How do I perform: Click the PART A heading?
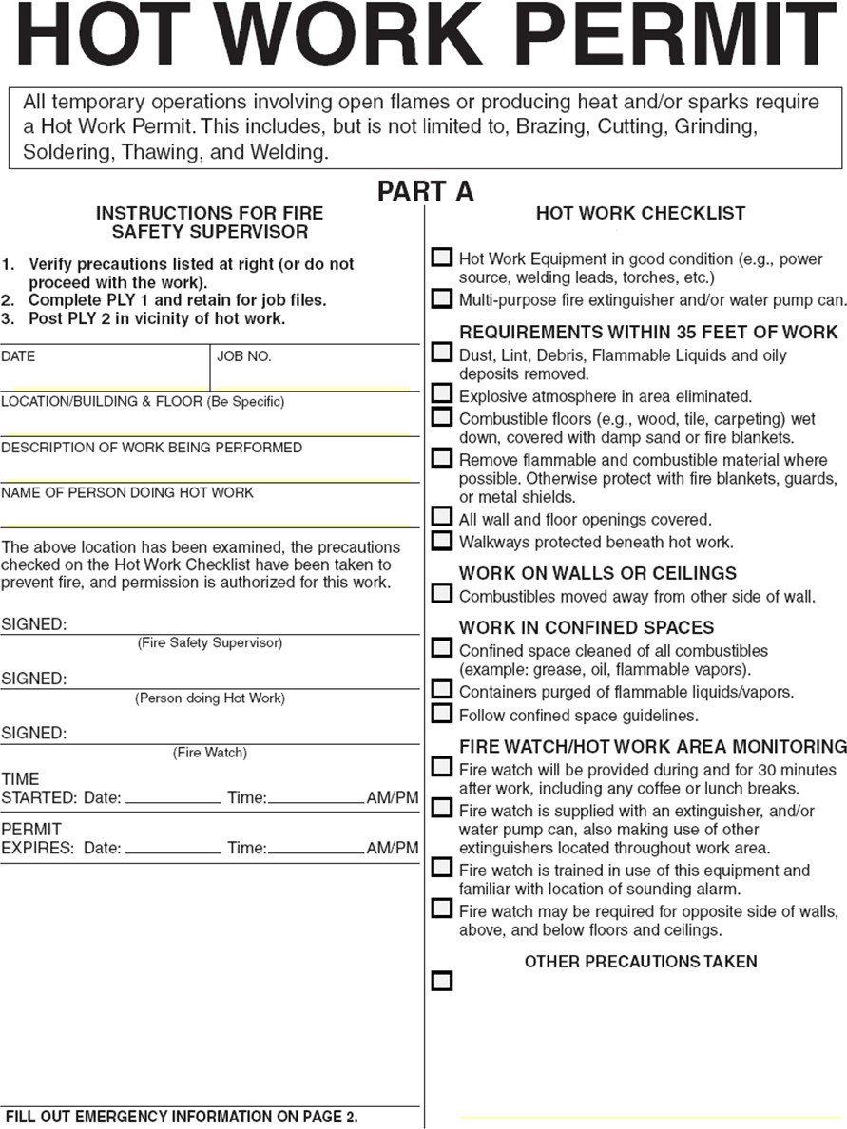click(425, 191)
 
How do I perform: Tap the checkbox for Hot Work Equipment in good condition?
click(442, 257)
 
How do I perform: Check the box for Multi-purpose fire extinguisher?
click(442, 298)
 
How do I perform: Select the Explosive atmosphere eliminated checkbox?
click(442, 393)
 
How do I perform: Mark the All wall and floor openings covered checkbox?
click(442, 517)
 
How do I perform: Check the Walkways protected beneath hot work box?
click(442, 540)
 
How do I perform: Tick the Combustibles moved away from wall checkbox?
click(442, 594)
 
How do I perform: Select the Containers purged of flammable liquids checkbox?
click(442, 689)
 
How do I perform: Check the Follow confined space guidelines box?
click(442, 713)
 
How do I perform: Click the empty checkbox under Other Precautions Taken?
click(442, 981)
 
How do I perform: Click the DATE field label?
click(18, 356)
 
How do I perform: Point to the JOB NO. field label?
click(244, 356)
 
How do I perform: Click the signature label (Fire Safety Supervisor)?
click(210, 643)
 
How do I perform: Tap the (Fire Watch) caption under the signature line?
click(210, 753)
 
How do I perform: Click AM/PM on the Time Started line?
click(393, 798)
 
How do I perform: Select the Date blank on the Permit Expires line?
click(172, 848)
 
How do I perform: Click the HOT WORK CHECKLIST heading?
click(641, 214)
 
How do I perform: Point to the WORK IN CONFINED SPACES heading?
click(587, 628)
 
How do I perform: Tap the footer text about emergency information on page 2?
click(182, 1117)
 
